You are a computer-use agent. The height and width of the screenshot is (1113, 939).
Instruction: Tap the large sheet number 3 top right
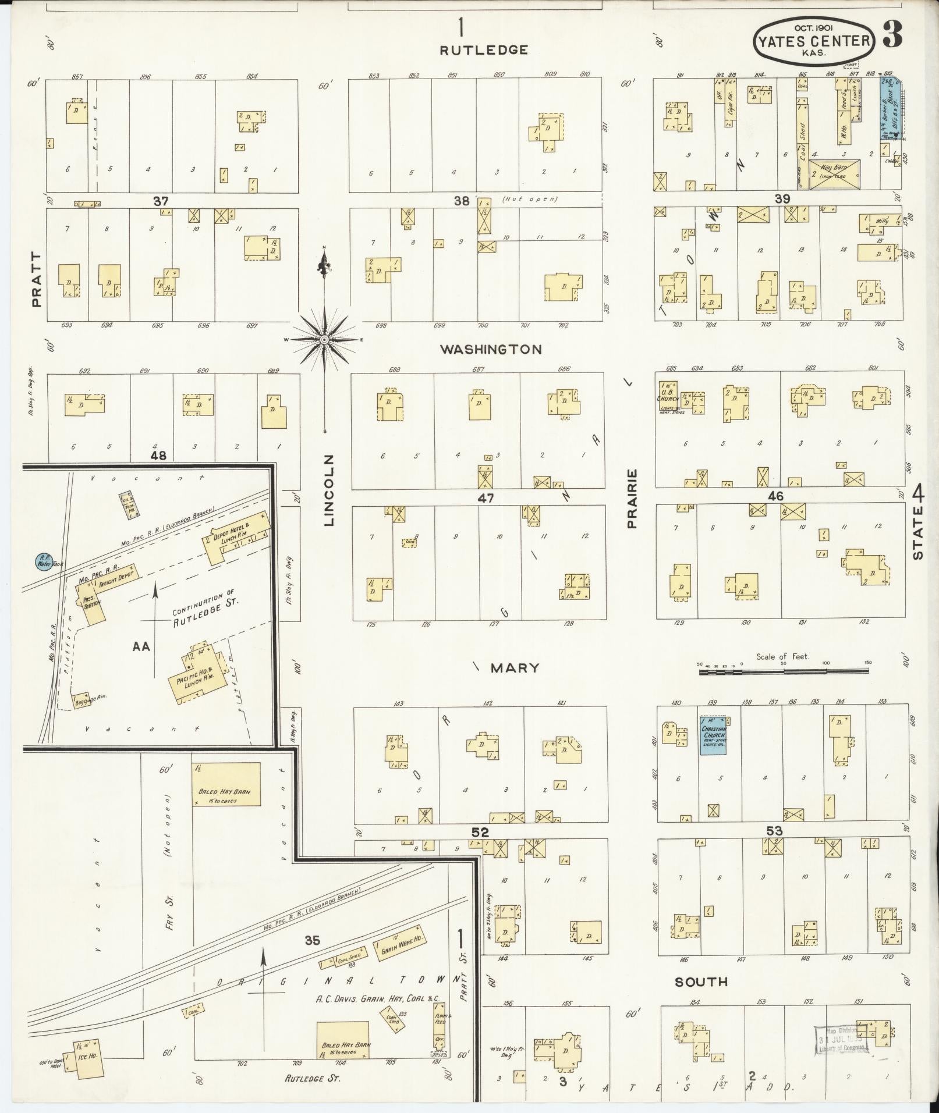pyautogui.click(x=893, y=35)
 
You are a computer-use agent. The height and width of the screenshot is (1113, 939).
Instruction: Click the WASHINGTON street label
pyautogui.click(x=491, y=350)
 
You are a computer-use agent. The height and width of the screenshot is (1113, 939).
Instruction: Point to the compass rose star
pyautogui.click(x=324, y=339)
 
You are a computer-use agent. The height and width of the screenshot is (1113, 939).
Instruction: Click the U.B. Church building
pyautogui.click(x=668, y=396)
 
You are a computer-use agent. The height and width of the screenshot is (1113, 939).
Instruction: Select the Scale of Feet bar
pyautogui.click(x=784, y=671)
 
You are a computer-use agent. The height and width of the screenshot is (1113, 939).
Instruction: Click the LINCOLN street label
pyautogui.click(x=329, y=490)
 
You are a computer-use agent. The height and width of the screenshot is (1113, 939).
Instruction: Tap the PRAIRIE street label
pyautogui.click(x=633, y=498)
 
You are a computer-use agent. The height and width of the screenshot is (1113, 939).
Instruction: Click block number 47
pyautogui.click(x=485, y=497)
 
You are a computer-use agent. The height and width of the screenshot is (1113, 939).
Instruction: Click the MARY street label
pyautogui.click(x=514, y=667)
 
